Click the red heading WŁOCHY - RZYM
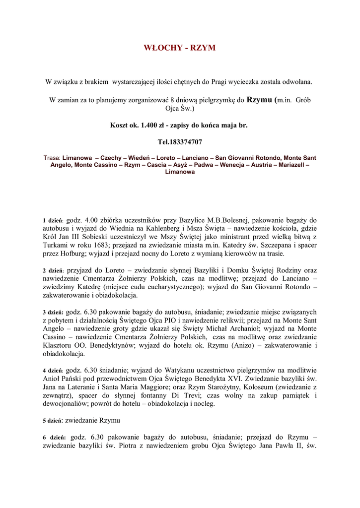[x=180, y=48]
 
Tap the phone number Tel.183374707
[x=180, y=142]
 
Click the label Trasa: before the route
[x=52, y=158]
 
